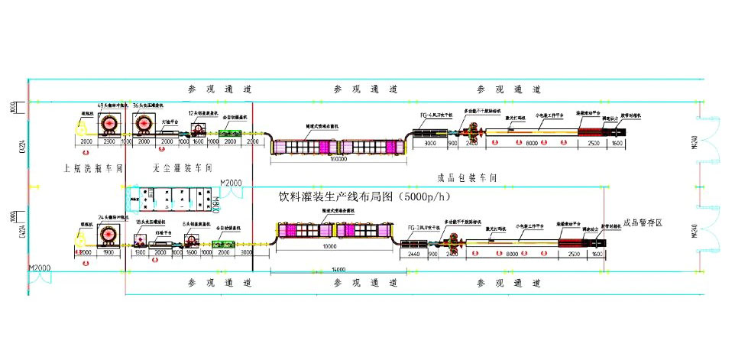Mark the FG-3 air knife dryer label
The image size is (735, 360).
click(426, 227)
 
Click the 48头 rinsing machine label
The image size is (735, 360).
click(110, 105)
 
